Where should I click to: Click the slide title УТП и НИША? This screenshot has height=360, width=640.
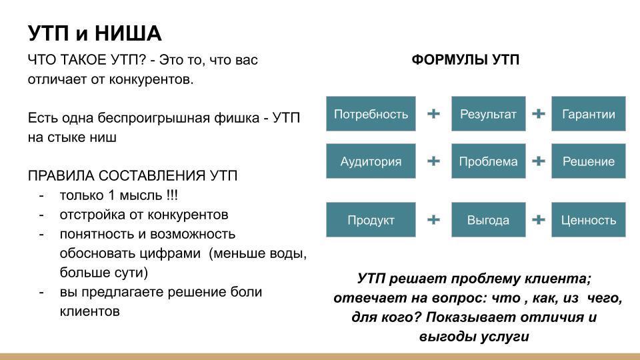[x=94, y=33]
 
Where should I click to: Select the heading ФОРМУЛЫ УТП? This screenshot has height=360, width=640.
[x=465, y=60]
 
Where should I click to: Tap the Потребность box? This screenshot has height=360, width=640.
[x=371, y=114]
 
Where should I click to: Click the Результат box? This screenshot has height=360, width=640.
[x=488, y=114]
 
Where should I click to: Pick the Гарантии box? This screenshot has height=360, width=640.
[x=588, y=114]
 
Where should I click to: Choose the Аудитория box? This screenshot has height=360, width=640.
[x=371, y=161]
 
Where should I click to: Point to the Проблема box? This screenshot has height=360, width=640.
[x=488, y=161]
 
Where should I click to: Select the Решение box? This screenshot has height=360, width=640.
[x=588, y=161]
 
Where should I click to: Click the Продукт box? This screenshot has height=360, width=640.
[x=371, y=220]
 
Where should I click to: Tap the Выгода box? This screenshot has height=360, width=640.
[x=488, y=220]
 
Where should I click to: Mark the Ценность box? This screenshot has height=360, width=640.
[x=588, y=220]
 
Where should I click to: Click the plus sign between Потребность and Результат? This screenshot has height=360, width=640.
[x=433, y=114]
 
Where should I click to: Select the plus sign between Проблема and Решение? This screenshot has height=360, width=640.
[x=539, y=161]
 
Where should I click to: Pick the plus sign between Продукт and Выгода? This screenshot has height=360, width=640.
[x=433, y=220]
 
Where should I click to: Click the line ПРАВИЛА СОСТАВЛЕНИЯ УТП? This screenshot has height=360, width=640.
[x=133, y=176]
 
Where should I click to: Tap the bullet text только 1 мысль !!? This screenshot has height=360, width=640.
[x=119, y=195]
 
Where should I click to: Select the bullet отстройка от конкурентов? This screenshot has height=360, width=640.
[x=143, y=215]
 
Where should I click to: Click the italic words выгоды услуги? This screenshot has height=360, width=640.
[x=474, y=337]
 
